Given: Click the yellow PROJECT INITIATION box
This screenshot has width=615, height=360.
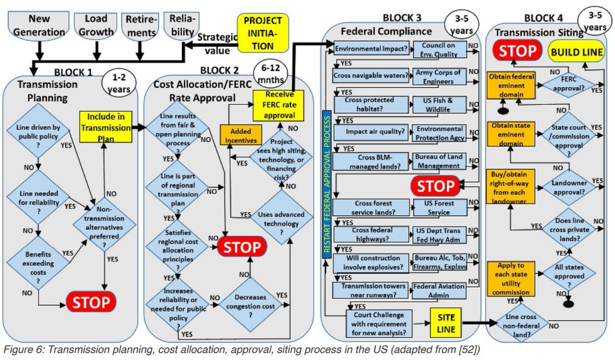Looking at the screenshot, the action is (x=263, y=33).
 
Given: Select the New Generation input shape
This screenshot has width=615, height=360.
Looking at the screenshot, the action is (x=39, y=26).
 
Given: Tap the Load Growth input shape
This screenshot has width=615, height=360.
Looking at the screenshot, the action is (x=95, y=26).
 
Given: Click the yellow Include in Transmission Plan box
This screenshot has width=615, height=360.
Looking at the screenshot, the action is (x=106, y=127).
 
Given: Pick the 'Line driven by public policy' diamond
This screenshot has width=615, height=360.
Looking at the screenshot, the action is (x=38, y=131).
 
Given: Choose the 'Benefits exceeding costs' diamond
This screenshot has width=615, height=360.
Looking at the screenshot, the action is (x=38, y=263).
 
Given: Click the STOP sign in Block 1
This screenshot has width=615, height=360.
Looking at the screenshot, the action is (x=91, y=302).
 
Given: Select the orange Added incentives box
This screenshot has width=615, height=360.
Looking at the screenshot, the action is (x=241, y=135).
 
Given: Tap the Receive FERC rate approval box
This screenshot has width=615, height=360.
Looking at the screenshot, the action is (x=278, y=106).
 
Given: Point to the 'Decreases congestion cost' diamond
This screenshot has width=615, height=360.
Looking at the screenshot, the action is (x=251, y=305).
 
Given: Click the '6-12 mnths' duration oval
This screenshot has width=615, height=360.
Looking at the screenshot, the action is (x=271, y=74).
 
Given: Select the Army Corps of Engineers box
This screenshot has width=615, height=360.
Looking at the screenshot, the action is (x=439, y=76).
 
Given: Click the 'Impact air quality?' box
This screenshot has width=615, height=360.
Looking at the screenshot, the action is (x=371, y=132).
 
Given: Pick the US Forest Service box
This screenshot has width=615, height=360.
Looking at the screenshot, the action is (x=440, y=208).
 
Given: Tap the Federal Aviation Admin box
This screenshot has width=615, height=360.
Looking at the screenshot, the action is (x=439, y=291).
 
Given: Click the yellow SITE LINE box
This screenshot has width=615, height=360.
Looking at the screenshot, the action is (x=445, y=323).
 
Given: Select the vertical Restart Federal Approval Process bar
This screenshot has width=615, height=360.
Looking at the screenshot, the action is (x=327, y=184).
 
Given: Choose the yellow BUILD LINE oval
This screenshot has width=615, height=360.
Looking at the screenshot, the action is (x=576, y=52).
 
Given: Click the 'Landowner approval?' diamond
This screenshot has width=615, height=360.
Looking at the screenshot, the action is (x=569, y=188).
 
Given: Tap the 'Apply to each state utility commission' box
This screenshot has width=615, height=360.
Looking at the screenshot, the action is (x=511, y=279).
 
